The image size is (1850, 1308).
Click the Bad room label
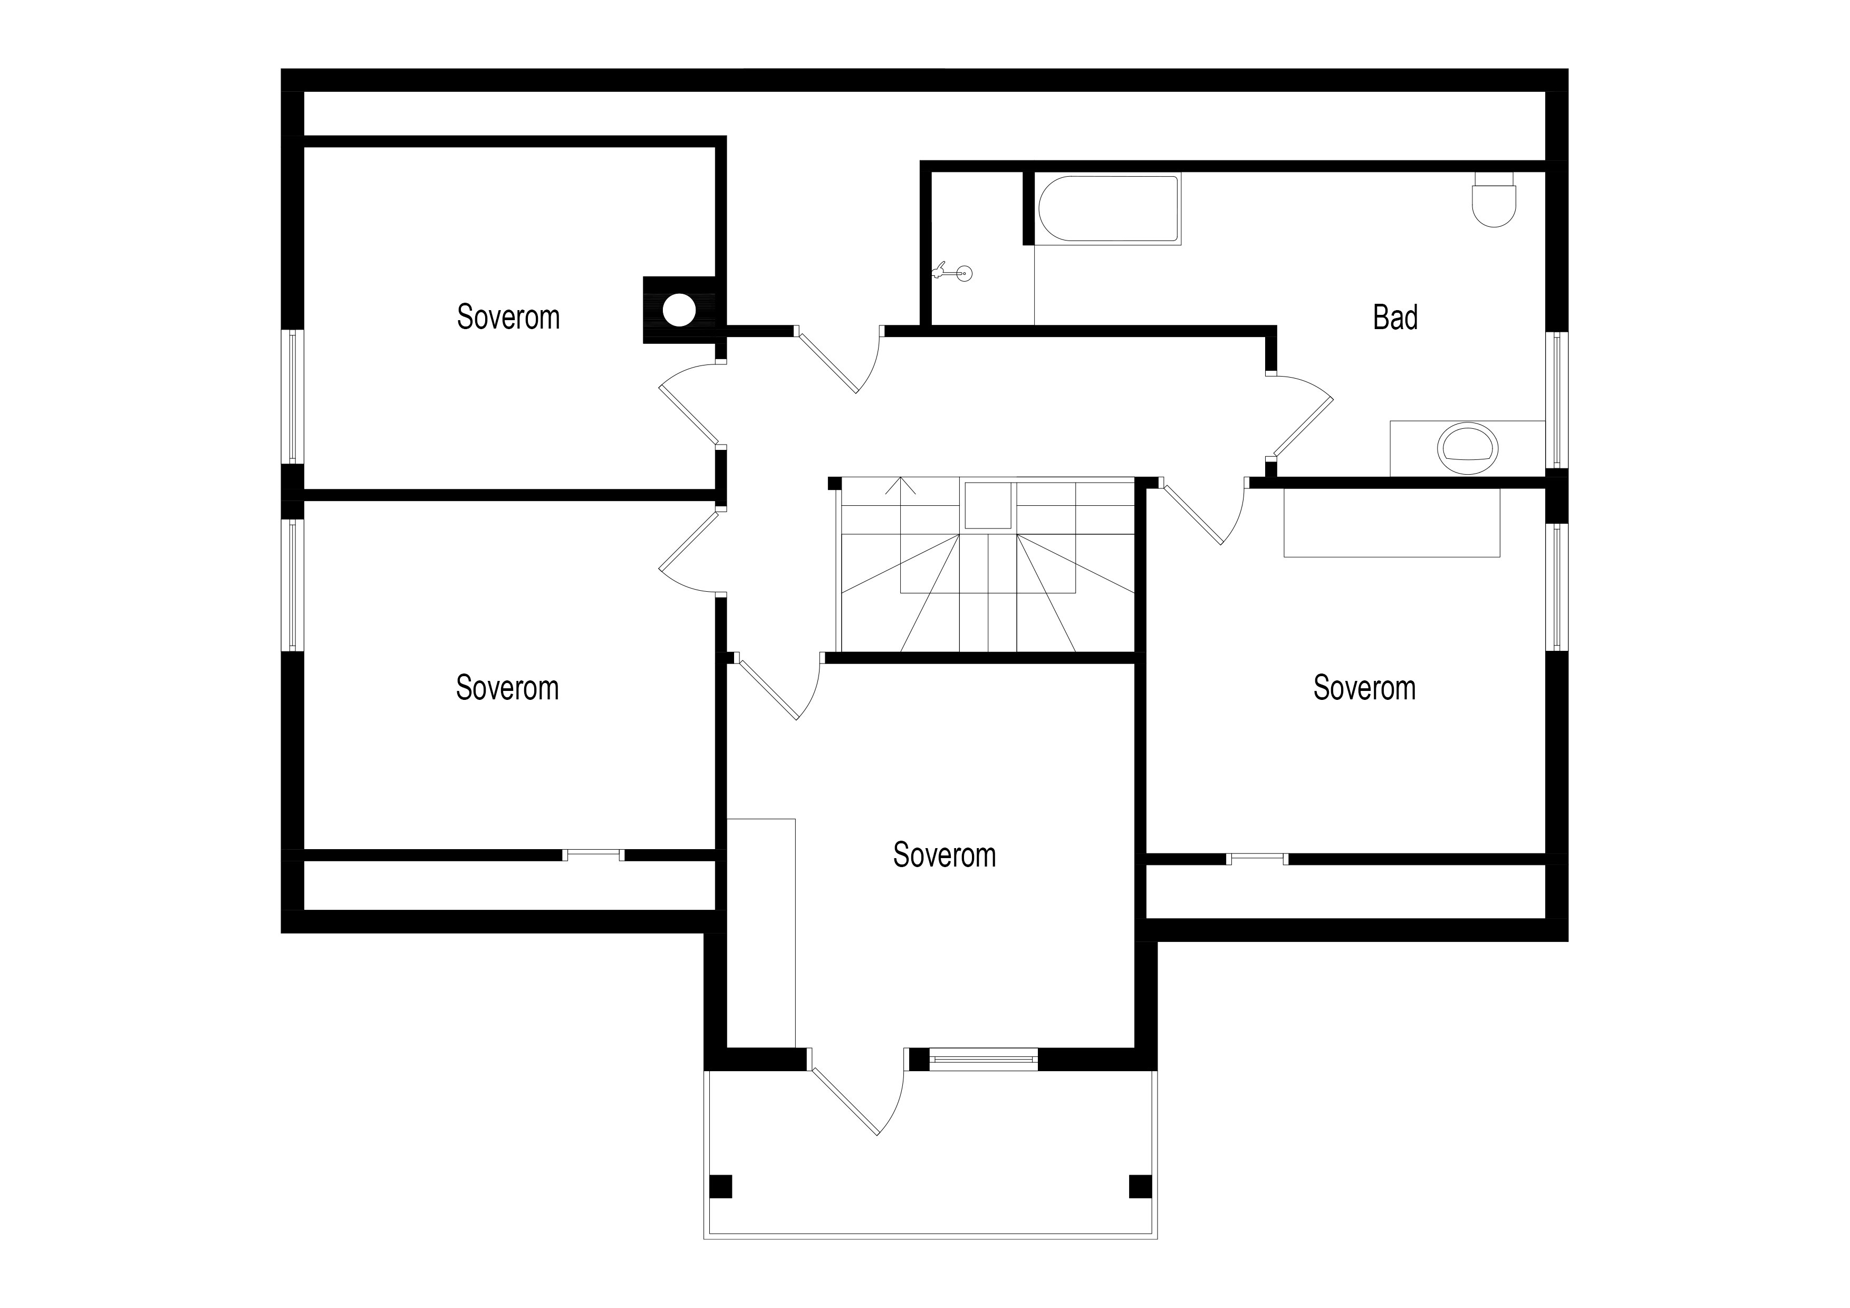point(1395,318)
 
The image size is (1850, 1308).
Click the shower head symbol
point(953,272)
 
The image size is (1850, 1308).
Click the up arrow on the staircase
point(901,486)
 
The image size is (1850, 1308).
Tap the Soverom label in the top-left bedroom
point(508,317)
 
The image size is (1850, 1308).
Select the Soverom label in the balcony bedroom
point(945,854)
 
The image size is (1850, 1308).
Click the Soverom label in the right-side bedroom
point(1364,687)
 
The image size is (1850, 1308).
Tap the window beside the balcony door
point(984,1059)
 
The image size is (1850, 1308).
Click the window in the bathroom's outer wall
point(1557,400)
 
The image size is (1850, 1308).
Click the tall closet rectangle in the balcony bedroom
point(762,933)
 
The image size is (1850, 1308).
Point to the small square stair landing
point(988,505)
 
